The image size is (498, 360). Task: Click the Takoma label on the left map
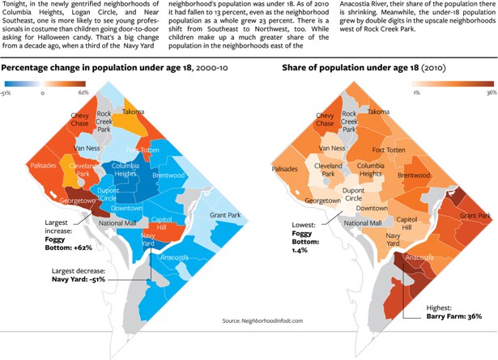click(x=133, y=112)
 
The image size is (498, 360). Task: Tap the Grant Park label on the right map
click(x=475, y=216)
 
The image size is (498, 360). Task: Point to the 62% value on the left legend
click(x=83, y=92)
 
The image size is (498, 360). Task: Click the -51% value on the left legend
click(x=7, y=92)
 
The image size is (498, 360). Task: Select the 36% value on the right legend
click(x=491, y=93)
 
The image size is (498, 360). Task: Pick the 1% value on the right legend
click(x=415, y=93)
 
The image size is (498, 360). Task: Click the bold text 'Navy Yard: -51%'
click(x=79, y=278)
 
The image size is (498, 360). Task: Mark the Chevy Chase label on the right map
click(x=325, y=120)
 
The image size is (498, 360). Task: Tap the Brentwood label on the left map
click(x=168, y=176)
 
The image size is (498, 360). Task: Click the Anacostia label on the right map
click(x=419, y=258)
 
